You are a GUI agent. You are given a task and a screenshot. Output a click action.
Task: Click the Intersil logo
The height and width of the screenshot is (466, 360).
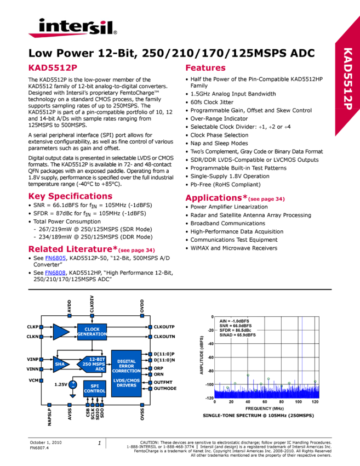pyautogui.click(x=72, y=27)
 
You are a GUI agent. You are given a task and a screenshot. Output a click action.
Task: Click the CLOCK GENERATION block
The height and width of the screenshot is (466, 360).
pyautogui.click(x=92, y=332)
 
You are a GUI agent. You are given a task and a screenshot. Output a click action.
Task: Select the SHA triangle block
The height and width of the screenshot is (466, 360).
pyautogui.click(x=61, y=363)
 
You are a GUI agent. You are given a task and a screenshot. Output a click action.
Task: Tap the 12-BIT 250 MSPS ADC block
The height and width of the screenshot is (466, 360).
pyautogui.click(x=93, y=363)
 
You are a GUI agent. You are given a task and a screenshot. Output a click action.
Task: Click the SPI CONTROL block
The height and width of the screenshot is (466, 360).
pyautogui.click(x=94, y=389)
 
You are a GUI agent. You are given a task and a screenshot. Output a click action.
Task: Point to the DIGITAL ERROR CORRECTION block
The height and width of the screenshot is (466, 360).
pyautogui.click(x=126, y=373)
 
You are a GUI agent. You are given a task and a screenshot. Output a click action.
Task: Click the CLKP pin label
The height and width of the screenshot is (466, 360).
pyautogui.click(x=32, y=327)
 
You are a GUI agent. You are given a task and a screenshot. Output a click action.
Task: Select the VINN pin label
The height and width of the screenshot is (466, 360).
pyautogui.click(x=32, y=369)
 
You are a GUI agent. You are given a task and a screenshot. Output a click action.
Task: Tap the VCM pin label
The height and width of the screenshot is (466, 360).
pyautogui.click(x=33, y=380)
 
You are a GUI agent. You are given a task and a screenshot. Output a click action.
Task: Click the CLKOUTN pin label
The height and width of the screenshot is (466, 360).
pyautogui.click(x=164, y=336)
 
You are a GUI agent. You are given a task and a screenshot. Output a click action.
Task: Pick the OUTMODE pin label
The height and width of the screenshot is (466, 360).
pyautogui.click(x=165, y=389)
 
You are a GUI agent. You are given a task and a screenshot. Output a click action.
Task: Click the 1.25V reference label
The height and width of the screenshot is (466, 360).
pyautogui.click(x=61, y=384)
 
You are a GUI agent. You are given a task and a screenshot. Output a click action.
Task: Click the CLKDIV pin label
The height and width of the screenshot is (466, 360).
pyautogui.click(x=92, y=303)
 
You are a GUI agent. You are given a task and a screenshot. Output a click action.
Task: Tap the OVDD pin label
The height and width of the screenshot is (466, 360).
pyautogui.click(x=142, y=305)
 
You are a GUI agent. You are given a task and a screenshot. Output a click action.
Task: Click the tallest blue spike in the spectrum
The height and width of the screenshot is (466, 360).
pyautogui.click(x=302, y=351)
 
